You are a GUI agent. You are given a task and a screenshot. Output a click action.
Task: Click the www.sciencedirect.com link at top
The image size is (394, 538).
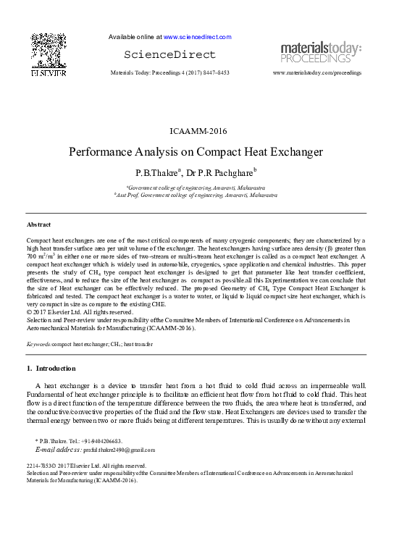pyautogui.click(x=197, y=36)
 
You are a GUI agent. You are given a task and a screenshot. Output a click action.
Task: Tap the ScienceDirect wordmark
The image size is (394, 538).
pyautogui.click(x=169, y=55)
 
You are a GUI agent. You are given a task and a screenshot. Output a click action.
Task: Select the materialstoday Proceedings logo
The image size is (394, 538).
pyautogui.click(x=321, y=52)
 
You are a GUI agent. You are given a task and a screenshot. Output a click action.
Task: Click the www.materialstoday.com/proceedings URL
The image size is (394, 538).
pyautogui.click(x=317, y=74)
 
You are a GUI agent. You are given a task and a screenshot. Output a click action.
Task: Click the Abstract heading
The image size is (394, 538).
pyautogui.click(x=38, y=224)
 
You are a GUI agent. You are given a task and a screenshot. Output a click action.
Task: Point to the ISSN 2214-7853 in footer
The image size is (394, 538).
pyautogui.click(x=43, y=466)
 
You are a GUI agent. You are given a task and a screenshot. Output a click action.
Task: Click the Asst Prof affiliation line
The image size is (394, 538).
pyautogui.click(x=195, y=195)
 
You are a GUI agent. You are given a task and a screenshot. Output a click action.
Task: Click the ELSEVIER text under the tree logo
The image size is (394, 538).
pyautogui.click(x=49, y=73)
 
